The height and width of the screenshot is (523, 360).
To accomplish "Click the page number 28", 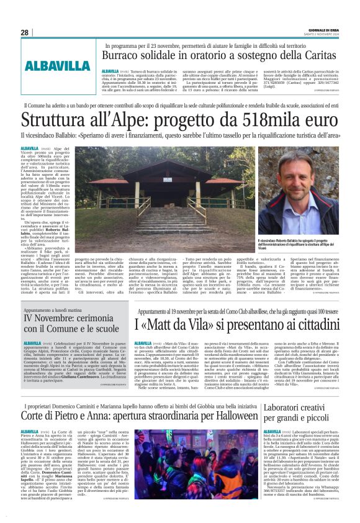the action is [24, 32].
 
